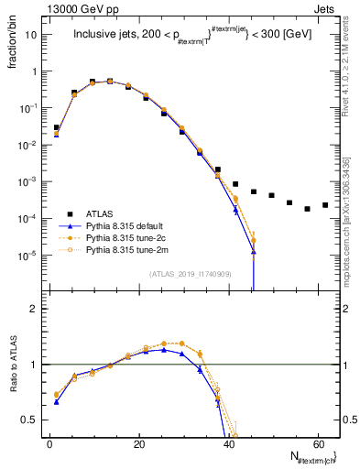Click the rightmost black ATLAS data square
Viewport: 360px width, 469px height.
[x=325, y=205]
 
